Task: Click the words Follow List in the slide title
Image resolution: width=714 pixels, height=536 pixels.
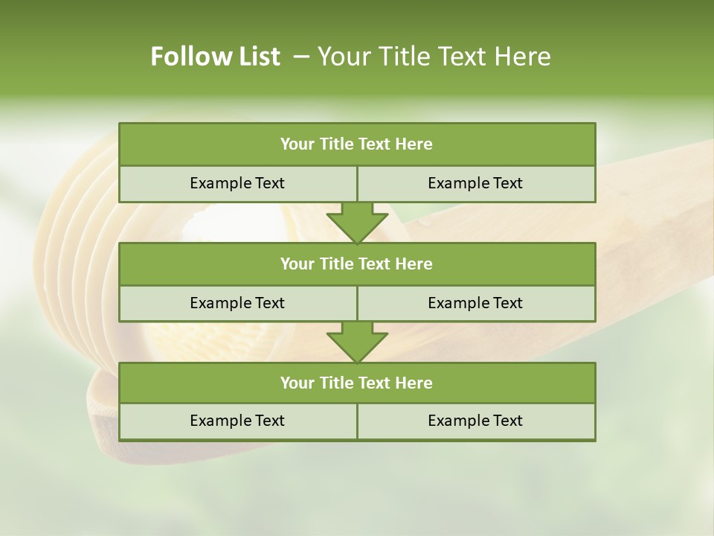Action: [216, 57]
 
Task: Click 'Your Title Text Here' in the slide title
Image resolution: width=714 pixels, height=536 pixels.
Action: [434, 57]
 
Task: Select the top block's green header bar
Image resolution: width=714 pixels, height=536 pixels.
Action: [357, 144]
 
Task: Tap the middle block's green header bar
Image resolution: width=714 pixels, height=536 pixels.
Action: [357, 264]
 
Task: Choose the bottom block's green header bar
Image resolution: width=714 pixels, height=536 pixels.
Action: [357, 383]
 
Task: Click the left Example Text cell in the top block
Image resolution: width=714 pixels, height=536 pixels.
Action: [238, 184]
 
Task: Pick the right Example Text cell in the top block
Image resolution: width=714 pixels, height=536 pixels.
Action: [476, 184]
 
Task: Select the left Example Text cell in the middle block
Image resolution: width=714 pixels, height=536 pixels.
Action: [238, 303]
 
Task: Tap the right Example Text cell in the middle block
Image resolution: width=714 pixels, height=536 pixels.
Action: [476, 303]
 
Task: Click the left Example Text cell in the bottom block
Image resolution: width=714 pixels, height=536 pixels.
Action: [238, 421]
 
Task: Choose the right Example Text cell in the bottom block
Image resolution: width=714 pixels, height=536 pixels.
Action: [476, 421]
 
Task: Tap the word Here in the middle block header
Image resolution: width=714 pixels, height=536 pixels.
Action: [414, 264]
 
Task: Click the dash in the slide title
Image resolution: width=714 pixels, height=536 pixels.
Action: [302, 57]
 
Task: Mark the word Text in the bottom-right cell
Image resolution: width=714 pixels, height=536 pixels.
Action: [506, 421]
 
